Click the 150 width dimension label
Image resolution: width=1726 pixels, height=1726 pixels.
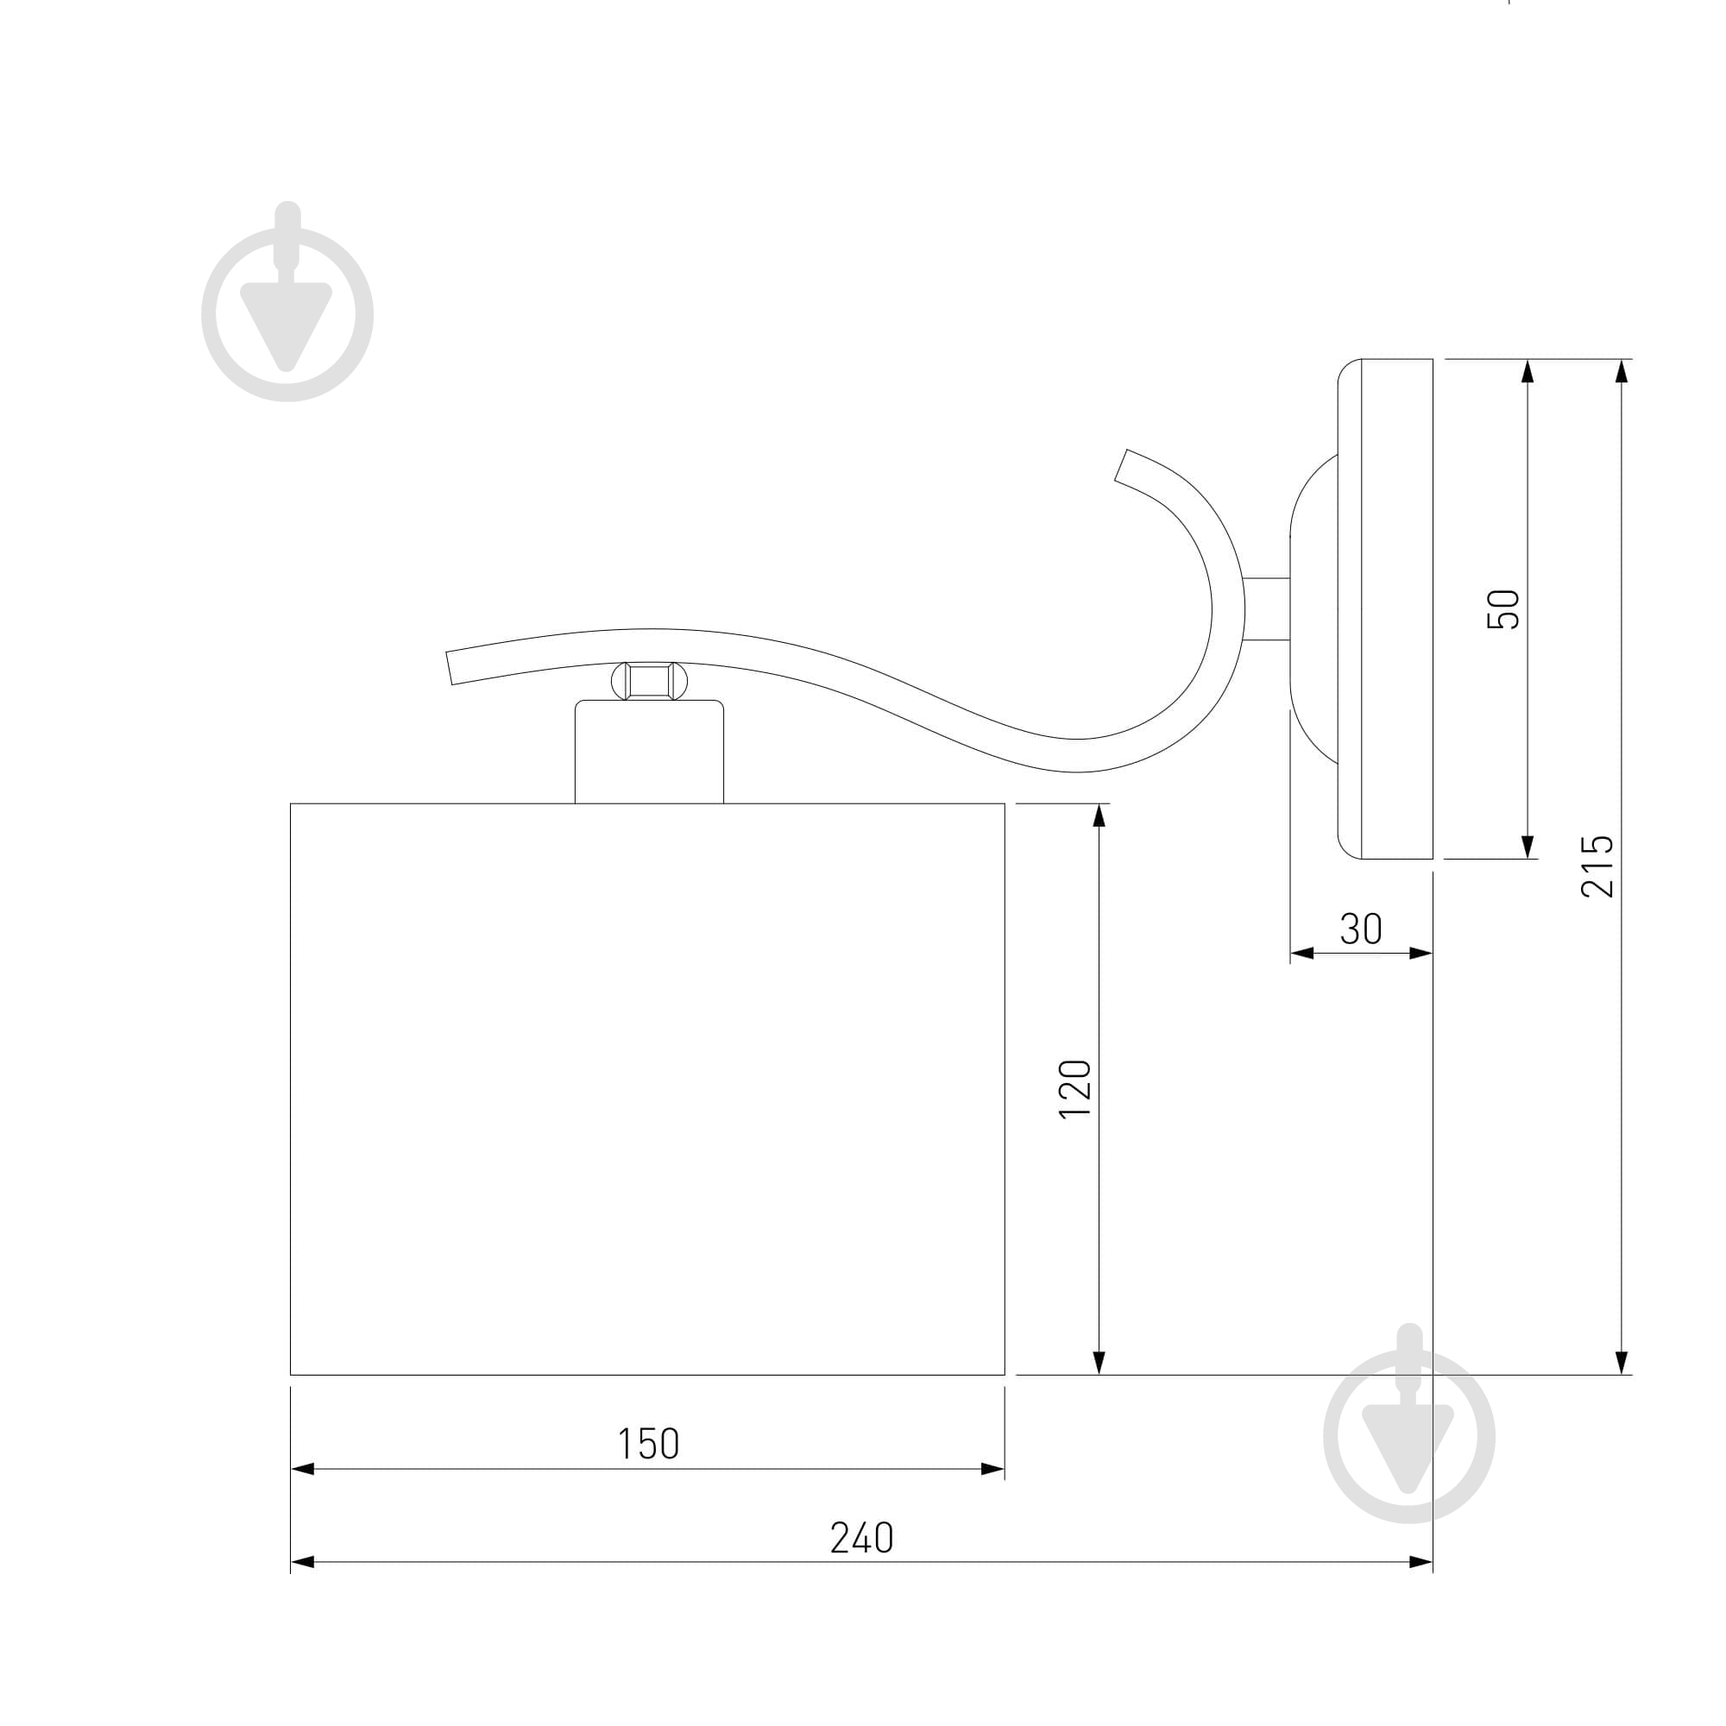pos(649,1445)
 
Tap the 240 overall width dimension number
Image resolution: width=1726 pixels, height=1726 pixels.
pos(861,1539)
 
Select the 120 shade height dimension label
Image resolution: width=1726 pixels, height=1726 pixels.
pos(1074,1088)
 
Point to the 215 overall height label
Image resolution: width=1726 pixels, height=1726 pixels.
pos(1597,866)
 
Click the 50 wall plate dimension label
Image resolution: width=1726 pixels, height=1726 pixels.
pos(1503,609)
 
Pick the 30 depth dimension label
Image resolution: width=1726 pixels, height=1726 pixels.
pos(1361,929)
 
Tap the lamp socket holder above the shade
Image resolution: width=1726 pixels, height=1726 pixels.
pos(650,752)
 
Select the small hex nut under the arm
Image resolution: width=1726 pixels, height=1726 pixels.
pos(650,681)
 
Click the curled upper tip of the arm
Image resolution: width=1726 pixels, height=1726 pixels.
pos(1122,465)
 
